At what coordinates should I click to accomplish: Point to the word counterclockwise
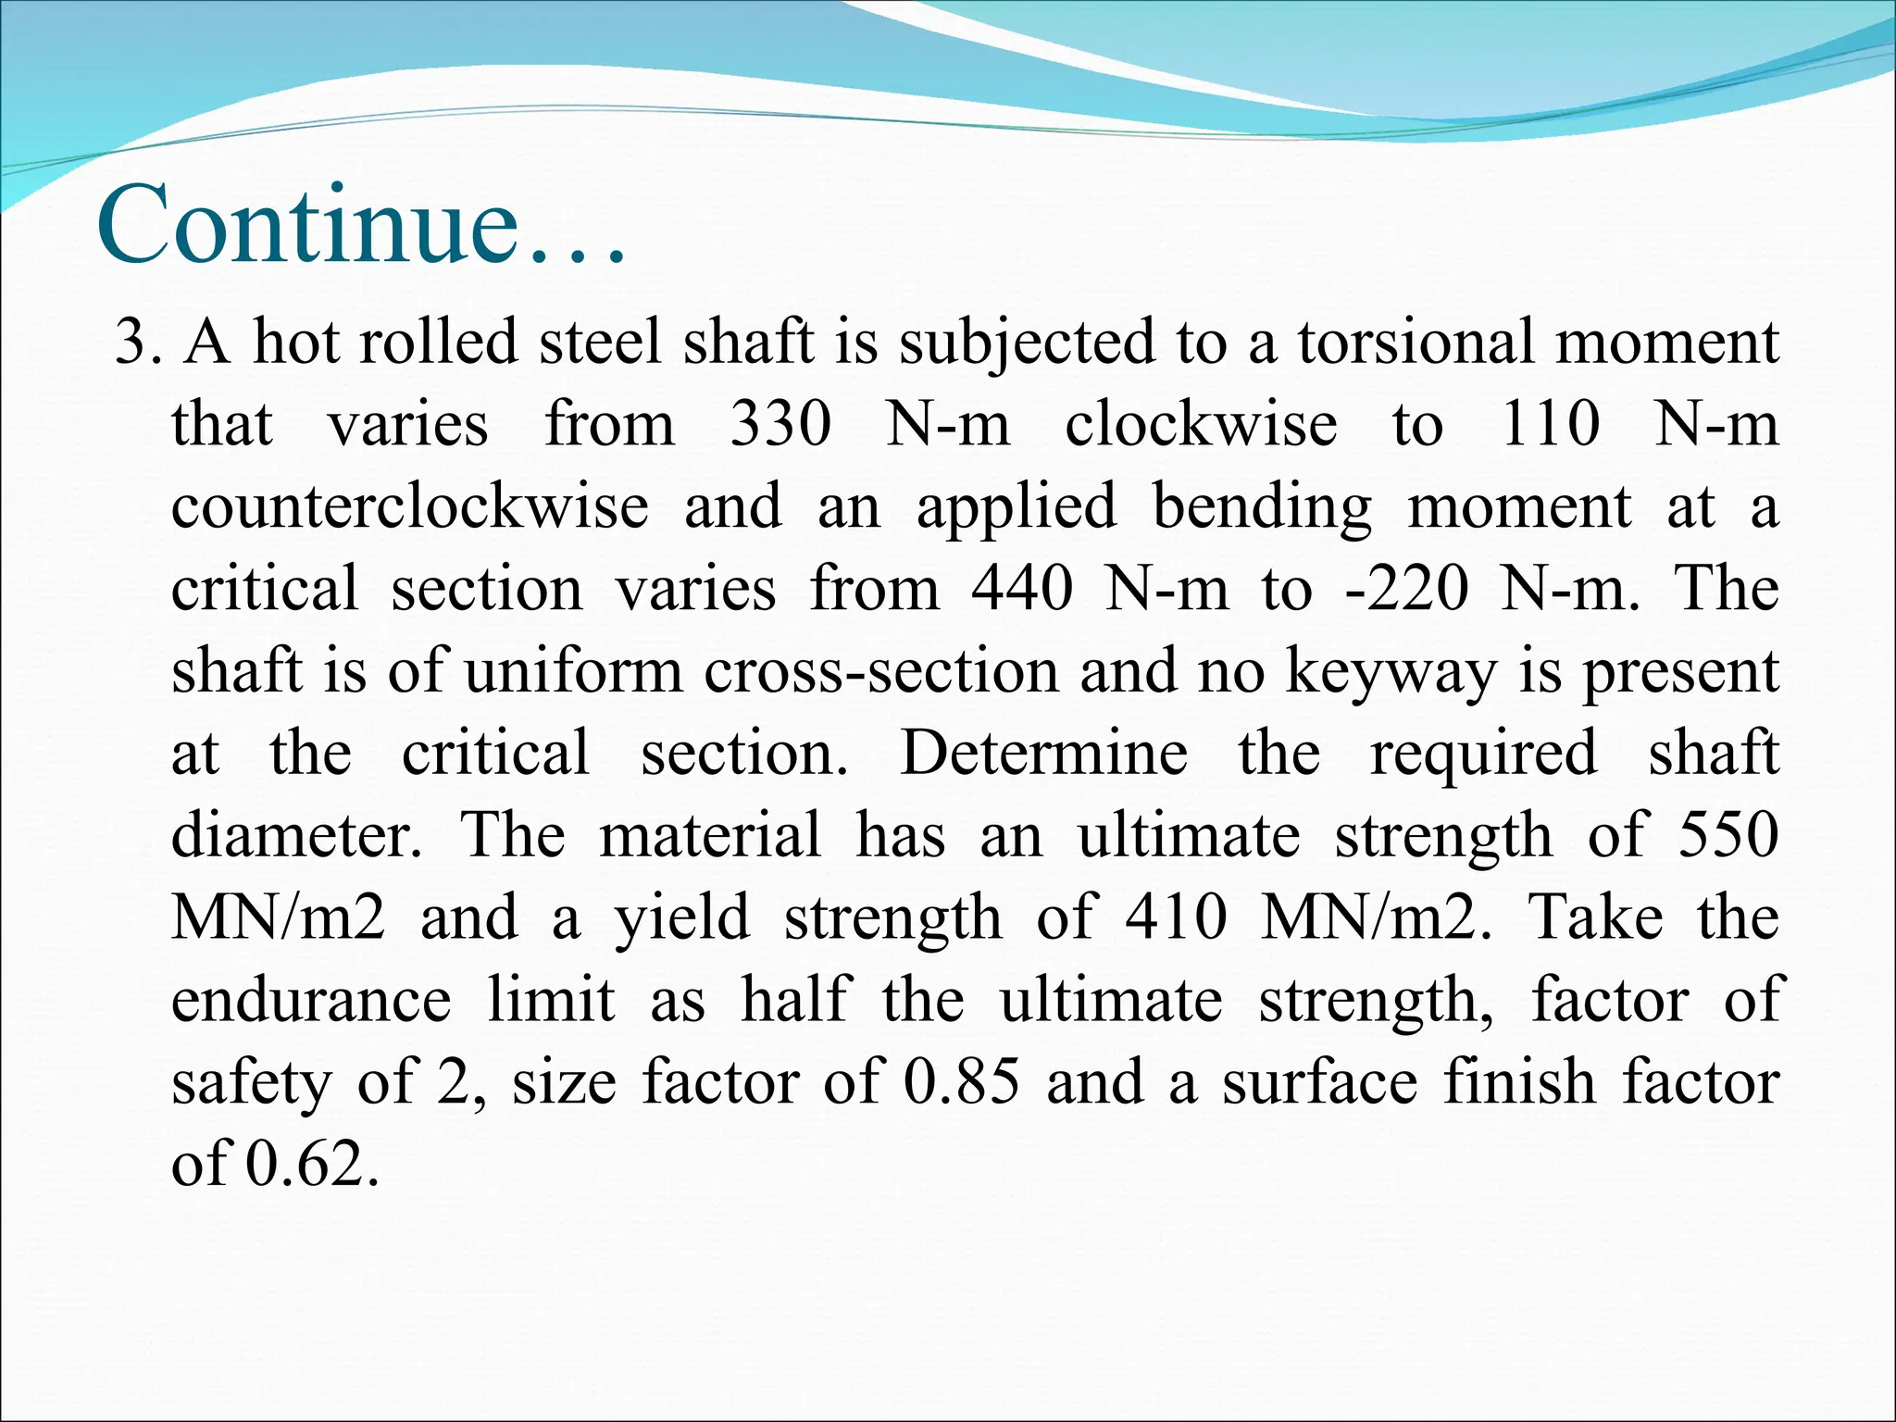(x=410, y=506)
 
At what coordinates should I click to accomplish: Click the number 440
(x=1022, y=589)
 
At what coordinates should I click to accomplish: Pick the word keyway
(x=1391, y=672)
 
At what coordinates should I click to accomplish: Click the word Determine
(x=1043, y=753)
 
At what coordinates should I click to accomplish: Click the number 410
(x=1177, y=917)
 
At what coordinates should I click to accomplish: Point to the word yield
(x=682, y=919)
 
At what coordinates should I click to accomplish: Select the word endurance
(x=311, y=1000)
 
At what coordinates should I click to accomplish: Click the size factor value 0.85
(x=962, y=1082)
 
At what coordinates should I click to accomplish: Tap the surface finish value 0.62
(x=312, y=1164)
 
